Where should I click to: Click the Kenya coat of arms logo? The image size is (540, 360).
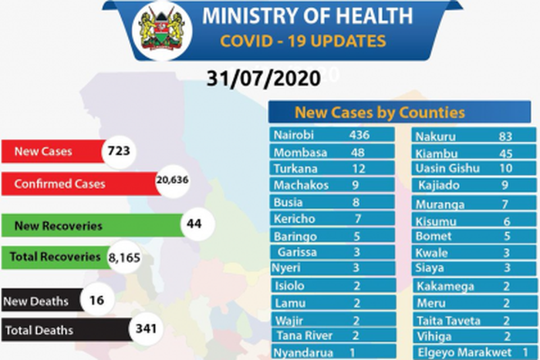[162, 30]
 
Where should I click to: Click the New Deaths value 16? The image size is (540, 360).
[96, 301]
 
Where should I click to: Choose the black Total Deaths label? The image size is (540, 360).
[40, 331]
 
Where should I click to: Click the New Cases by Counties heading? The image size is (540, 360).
[380, 113]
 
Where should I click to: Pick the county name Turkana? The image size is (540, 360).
[295, 168]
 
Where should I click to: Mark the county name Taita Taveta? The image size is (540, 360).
[447, 321]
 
